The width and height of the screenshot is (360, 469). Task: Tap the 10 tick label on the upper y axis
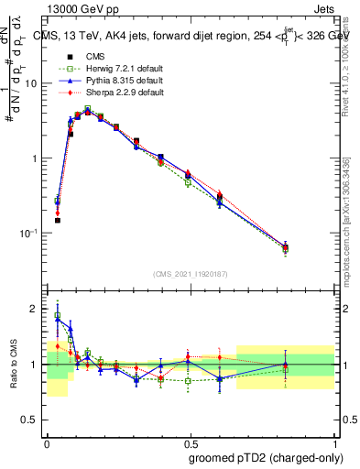tap(33, 83)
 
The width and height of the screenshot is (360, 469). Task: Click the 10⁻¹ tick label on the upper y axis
tap(31, 234)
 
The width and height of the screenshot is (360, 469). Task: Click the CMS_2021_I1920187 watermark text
tap(191, 275)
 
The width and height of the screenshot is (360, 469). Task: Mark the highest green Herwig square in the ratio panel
tap(57, 316)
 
